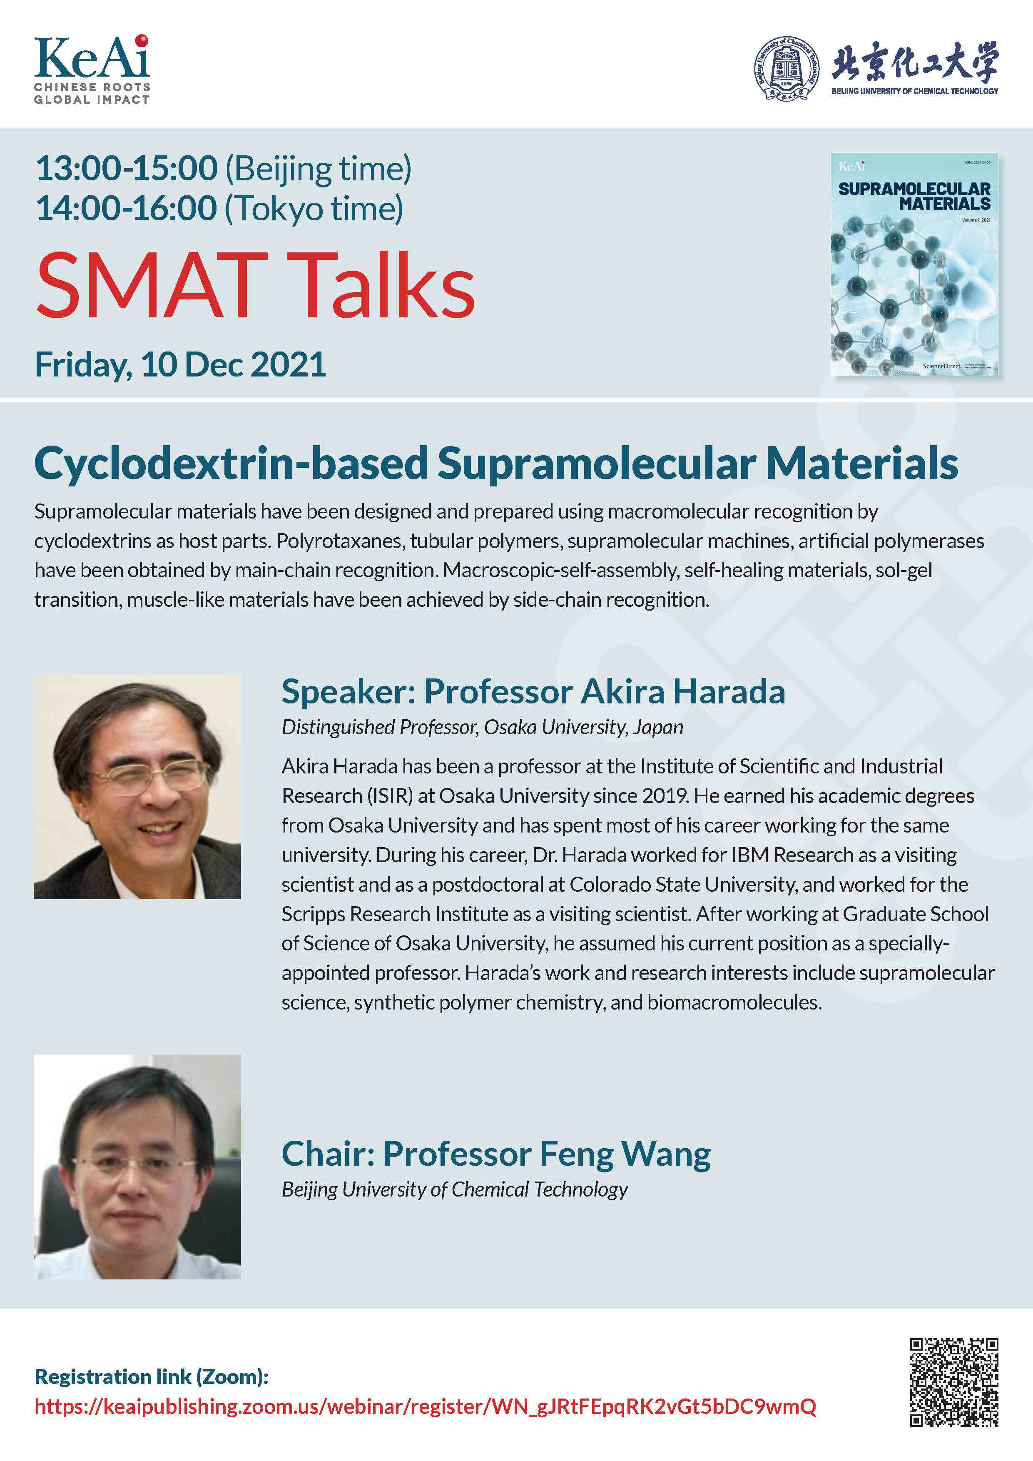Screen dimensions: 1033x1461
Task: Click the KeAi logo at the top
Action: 92,69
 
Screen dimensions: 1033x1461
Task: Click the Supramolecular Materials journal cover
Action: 914,265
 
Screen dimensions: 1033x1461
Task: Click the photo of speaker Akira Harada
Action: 137,787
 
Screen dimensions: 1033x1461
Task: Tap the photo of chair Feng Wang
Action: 137,1167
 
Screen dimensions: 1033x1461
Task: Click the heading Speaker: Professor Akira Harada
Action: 533,692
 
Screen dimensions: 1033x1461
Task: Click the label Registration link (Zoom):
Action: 152,1376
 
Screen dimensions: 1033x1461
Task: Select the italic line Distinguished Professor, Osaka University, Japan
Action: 482,727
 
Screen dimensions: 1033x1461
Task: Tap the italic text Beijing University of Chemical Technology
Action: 455,1189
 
